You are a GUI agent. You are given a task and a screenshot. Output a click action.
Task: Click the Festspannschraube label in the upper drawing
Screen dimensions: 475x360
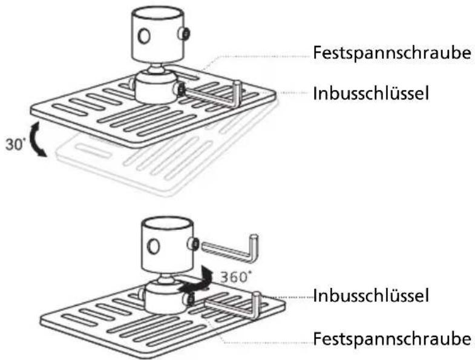coord(392,53)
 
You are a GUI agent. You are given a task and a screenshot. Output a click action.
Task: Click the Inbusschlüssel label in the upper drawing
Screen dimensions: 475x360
coord(371,93)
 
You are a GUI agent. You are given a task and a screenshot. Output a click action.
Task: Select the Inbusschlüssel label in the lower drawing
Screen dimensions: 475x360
coord(371,295)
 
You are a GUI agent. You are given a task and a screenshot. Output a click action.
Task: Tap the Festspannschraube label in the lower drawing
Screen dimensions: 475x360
coord(392,338)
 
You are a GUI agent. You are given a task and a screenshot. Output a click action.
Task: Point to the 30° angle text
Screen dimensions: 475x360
coord(15,144)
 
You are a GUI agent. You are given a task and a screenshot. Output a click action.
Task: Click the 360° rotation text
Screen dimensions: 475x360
coord(235,277)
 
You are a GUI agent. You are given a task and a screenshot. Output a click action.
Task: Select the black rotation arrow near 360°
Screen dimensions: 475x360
coord(195,281)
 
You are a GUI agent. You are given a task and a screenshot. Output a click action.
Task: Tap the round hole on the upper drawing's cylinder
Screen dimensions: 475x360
coord(144,36)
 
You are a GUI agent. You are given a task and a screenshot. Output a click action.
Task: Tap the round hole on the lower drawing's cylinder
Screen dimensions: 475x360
coord(153,246)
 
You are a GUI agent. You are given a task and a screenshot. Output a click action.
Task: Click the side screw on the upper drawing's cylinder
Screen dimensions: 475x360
coord(184,33)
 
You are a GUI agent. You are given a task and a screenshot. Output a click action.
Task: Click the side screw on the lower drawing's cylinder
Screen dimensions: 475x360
coord(193,243)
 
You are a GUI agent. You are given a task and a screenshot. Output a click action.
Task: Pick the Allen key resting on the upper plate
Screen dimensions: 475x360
coord(214,94)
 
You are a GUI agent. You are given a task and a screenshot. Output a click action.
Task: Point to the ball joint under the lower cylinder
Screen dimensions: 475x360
coord(165,278)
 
